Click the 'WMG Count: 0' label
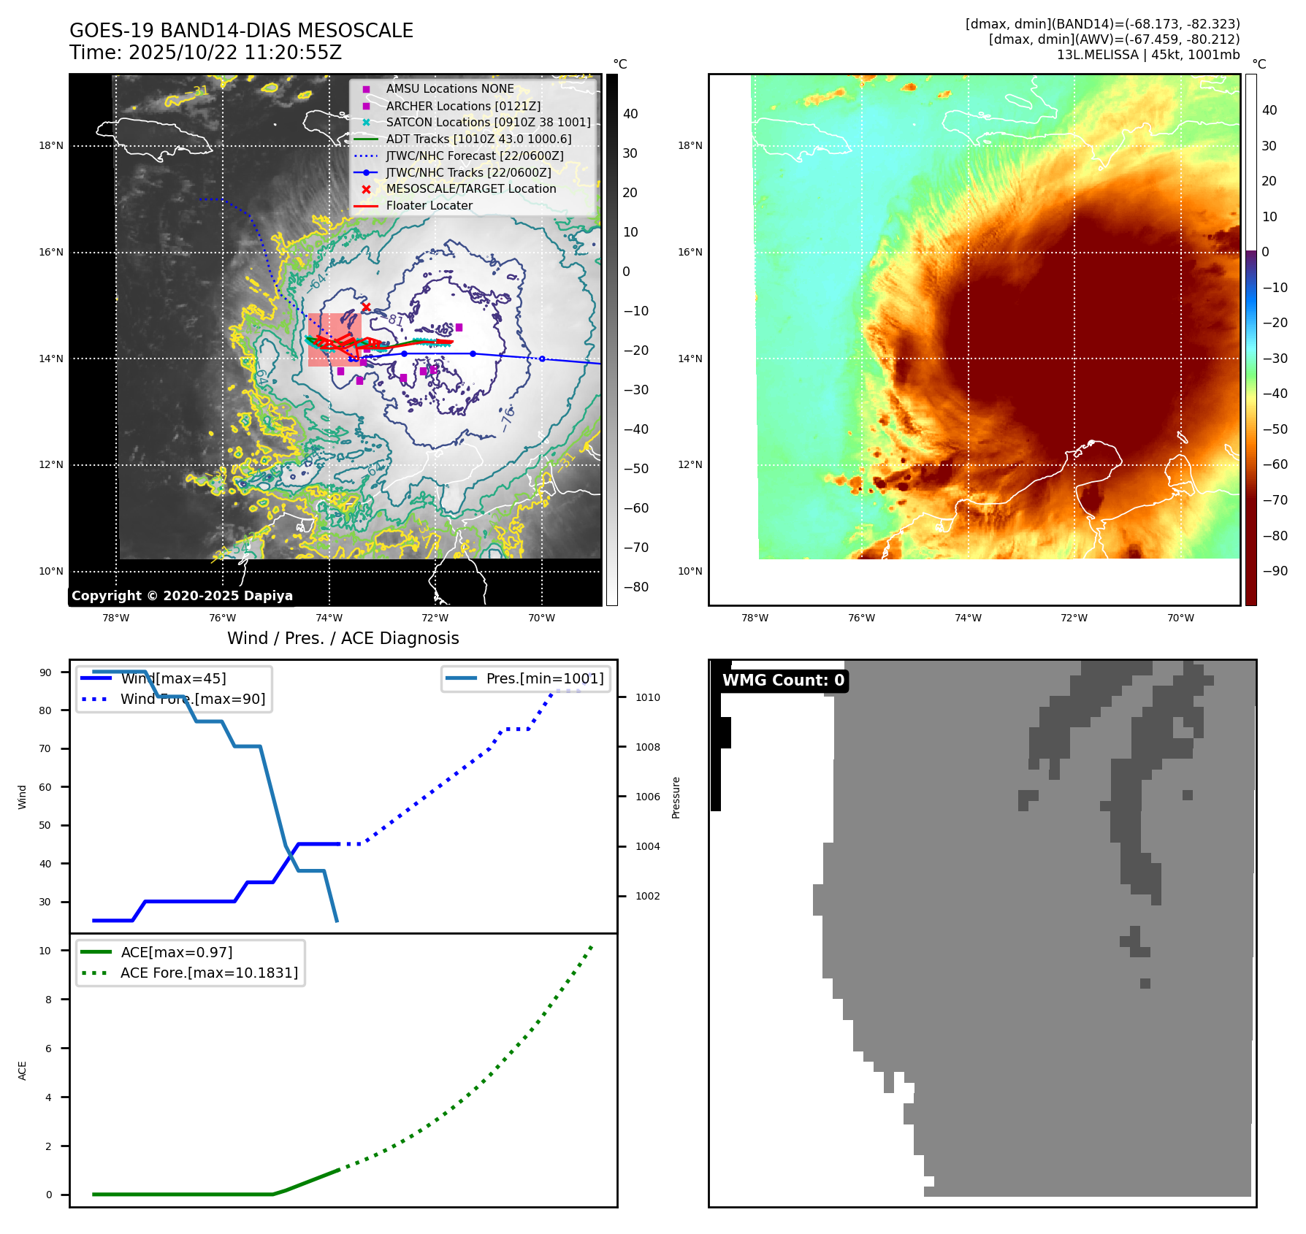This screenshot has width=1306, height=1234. click(x=783, y=681)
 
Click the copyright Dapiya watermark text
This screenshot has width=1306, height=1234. click(x=182, y=596)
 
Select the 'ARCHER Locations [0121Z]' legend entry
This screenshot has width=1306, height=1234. click(x=463, y=106)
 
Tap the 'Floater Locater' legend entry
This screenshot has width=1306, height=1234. click(x=429, y=206)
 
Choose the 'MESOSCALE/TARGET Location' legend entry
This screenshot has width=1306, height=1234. click(x=470, y=189)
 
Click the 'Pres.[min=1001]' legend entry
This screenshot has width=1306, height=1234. click(x=544, y=679)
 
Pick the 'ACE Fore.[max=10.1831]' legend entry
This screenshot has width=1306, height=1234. click(x=209, y=973)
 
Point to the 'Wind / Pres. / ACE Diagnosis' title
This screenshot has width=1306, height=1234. click(x=343, y=638)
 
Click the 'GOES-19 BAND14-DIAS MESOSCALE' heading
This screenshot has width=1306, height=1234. click(x=241, y=31)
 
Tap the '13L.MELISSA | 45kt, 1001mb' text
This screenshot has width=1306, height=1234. click(x=1147, y=55)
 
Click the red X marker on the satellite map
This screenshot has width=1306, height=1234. click(x=366, y=307)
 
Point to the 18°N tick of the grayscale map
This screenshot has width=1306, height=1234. click(x=51, y=146)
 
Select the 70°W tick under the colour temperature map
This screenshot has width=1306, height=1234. click(x=1180, y=618)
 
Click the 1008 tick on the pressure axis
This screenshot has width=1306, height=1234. click(x=647, y=747)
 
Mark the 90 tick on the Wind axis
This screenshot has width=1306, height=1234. click(x=45, y=672)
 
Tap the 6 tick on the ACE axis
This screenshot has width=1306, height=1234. click(x=49, y=1049)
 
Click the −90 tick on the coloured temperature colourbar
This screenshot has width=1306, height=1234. click(x=1275, y=571)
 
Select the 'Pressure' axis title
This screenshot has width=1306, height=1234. click(x=676, y=797)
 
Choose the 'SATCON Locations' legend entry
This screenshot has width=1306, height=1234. click(x=488, y=123)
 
